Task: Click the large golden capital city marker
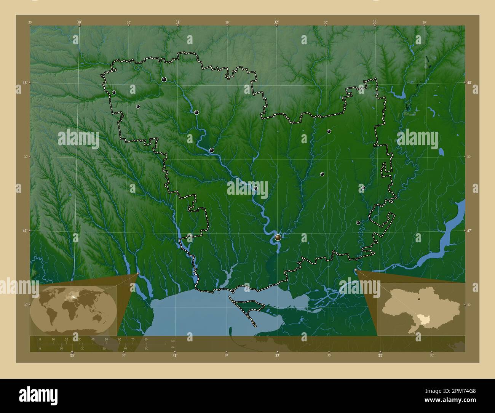[278, 238]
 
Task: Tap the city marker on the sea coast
[232, 291]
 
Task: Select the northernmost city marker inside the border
[164, 79]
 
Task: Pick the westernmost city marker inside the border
[114, 92]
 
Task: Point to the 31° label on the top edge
[178, 22]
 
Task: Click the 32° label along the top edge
[276, 22]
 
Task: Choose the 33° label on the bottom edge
[380, 355]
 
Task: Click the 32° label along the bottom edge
[278, 355]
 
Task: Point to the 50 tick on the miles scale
[146, 348]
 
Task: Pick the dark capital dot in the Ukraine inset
[418, 299]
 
